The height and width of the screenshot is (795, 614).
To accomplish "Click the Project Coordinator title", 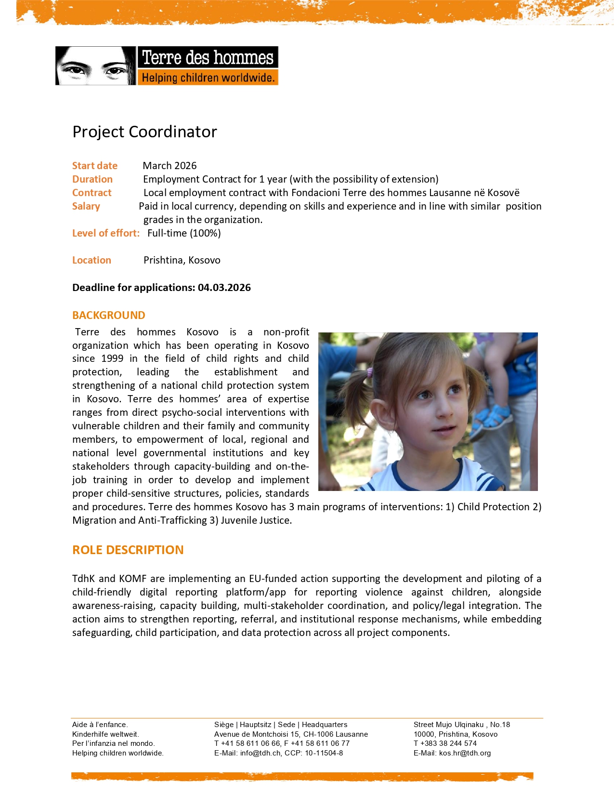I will tap(144, 132).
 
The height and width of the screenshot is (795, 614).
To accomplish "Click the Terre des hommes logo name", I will tap(208, 58).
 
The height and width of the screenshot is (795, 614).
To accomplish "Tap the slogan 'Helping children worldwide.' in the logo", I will tap(208, 78).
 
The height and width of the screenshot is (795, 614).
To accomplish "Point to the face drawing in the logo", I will tap(95, 66).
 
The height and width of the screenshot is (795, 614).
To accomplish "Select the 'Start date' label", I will tap(95, 166).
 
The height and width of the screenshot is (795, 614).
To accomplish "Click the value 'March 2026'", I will tap(170, 166).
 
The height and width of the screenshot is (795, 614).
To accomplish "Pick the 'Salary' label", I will tap(86, 206).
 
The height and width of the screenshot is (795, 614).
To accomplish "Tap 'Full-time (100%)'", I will tap(184, 233).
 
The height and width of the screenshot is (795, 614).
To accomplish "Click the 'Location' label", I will tap(91, 260).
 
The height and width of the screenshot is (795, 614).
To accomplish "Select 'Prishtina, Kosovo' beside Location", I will tap(182, 260).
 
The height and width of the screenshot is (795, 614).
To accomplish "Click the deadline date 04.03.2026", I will tap(224, 288).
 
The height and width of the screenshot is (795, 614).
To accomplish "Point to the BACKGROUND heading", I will tap(108, 315).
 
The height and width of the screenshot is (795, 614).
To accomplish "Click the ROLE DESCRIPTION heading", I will tap(128, 550).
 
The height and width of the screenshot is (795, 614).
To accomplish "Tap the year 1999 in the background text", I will tap(112, 358).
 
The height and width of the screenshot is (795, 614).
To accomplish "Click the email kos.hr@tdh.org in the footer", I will tap(465, 753).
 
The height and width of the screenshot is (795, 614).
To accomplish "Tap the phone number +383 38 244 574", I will tap(448, 743).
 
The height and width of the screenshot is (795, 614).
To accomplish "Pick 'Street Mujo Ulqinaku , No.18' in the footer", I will tap(461, 725).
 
